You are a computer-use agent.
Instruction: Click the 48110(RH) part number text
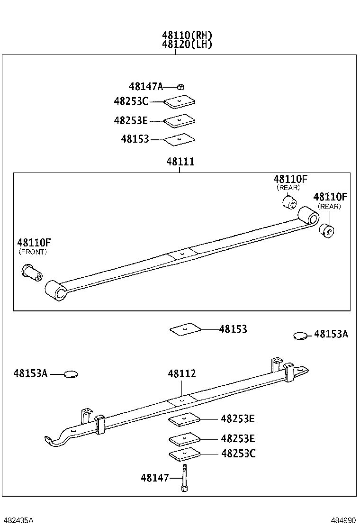point(187,35)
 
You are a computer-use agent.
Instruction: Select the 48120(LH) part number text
point(187,45)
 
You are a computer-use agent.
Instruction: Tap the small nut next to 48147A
point(180,87)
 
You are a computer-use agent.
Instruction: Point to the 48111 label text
point(180,162)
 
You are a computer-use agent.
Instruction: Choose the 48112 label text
point(181,374)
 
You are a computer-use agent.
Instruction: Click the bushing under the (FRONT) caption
point(32,272)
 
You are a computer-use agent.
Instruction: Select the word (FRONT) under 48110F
point(33,252)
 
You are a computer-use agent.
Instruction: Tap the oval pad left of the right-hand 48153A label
point(300,336)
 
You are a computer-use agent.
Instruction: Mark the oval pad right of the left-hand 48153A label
point(70,374)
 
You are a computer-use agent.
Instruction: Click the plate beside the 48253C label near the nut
point(179,102)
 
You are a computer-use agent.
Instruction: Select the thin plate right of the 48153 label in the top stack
point(179,139)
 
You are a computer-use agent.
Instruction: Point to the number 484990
point(343,520)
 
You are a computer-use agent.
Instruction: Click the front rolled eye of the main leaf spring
point(56,290)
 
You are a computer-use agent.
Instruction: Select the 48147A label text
point(145,87)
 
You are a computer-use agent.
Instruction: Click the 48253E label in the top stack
point(131,121)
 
